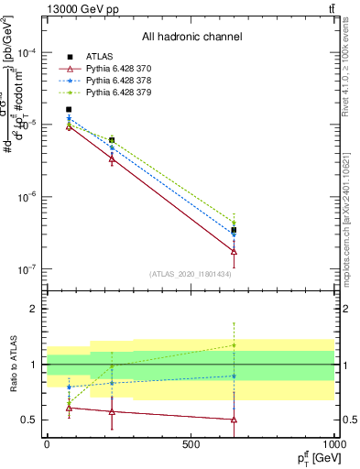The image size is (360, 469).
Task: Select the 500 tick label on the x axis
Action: pyautogui.click(x=191, y=443)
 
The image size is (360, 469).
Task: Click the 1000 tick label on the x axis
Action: pyautogui.click(x=332, y=443)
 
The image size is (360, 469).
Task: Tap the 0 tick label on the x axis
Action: pyautogui.click(x=47, y=443)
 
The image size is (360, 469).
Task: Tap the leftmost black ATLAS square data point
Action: pyautogui.click(x=69, y=110)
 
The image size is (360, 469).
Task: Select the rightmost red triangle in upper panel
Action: pyautogui.click(x=234, y=251)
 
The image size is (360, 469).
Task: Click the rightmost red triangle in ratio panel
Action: pyautogui.click(x=234, y=420)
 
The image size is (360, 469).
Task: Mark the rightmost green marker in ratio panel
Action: pyautogui.click(x=234, y=345)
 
